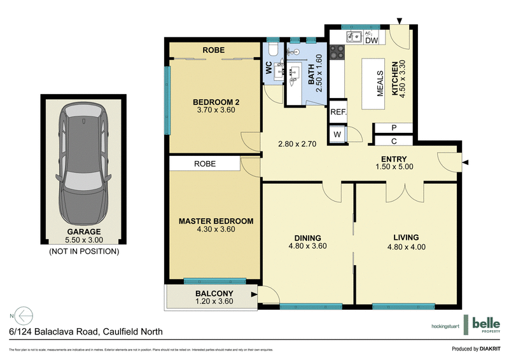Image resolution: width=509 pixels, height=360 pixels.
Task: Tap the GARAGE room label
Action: click(x=85, y=232)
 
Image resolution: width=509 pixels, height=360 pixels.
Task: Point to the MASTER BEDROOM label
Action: click(x=216, y=221)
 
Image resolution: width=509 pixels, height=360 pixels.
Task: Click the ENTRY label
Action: click(x=394, y=159)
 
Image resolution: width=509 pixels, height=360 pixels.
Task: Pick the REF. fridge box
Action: click(x=338, y=112)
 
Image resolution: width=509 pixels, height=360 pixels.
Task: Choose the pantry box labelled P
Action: click(x=394, y=128)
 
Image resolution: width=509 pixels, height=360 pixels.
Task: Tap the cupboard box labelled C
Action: click(x=394, y=141)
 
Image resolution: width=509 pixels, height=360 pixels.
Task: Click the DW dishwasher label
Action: click(x=372, y=40)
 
